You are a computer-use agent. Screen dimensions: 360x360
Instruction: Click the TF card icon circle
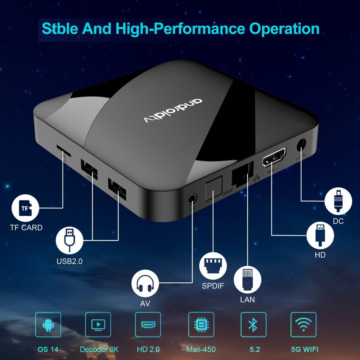(x=25, y=208)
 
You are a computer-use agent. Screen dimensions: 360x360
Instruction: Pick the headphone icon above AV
(x=145, y=283)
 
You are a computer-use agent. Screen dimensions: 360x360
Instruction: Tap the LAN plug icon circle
(x=247, y=280)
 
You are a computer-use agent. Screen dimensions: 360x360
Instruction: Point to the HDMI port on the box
(x=274, y=157)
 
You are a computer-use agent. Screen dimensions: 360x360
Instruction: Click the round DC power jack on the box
(x=301, y=146)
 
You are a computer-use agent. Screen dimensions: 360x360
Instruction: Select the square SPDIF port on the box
(x=213, y=191)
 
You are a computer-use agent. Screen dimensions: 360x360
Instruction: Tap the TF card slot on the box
(x=63, y=149)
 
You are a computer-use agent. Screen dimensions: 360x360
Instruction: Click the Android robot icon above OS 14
(x=48, y=325)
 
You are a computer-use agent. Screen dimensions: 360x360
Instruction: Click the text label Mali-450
(x=201, y=349)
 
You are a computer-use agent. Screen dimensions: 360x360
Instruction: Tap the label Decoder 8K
(x=99, y=349)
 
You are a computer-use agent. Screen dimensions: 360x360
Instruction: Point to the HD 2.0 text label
(x=148, y=349)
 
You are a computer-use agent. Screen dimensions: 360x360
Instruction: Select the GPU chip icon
(x=201, y=325)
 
